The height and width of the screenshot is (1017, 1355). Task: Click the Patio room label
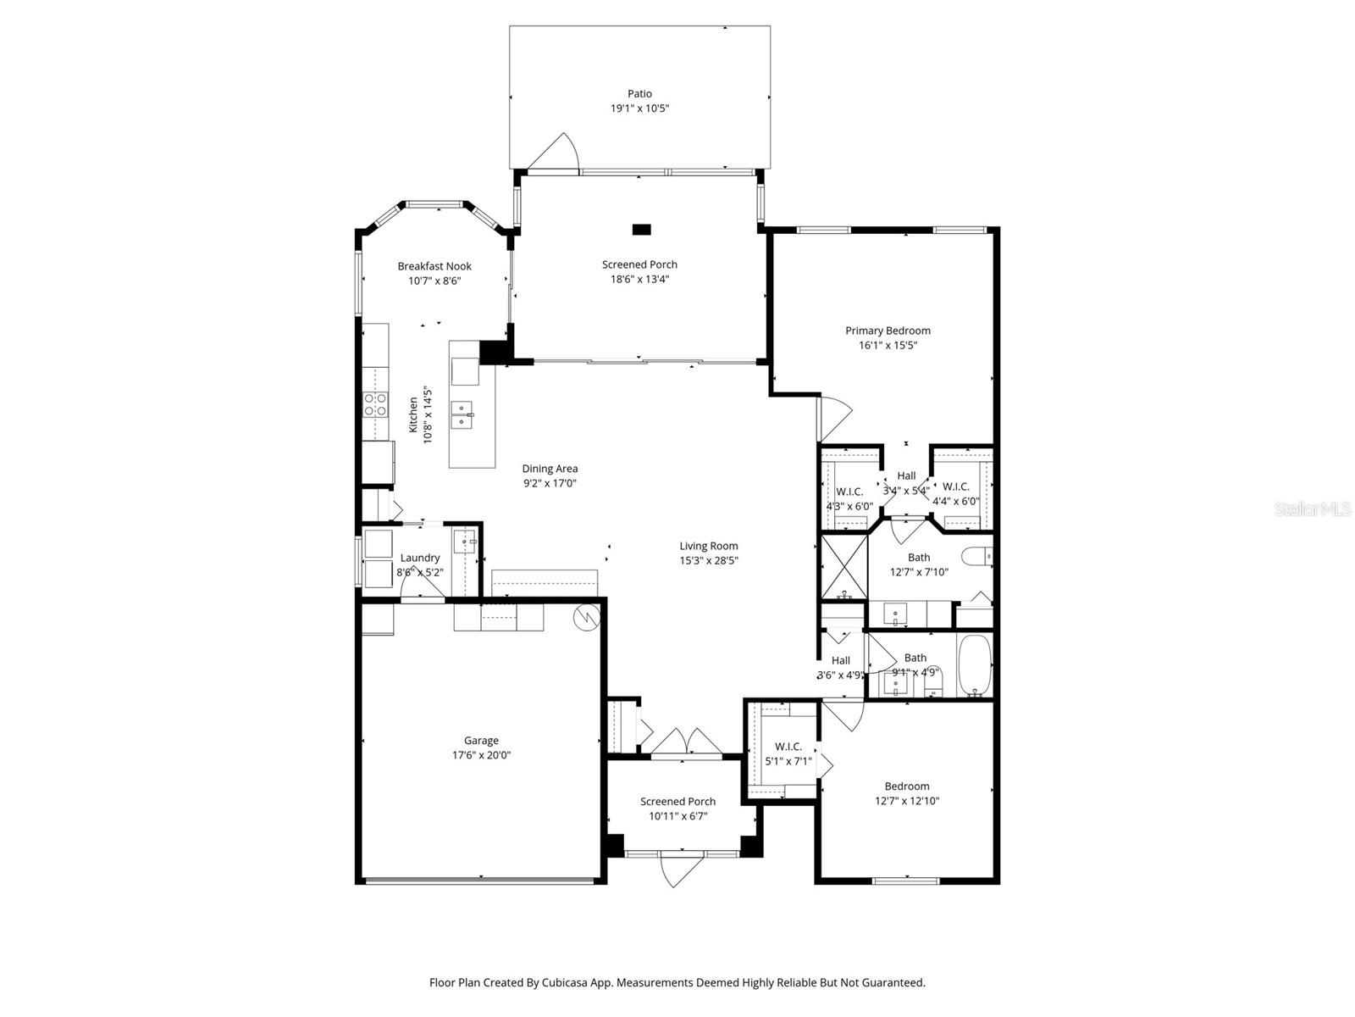[x=639, y=94]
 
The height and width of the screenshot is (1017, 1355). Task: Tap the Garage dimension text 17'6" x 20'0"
[x=482, y=754]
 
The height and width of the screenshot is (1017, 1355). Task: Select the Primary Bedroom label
[x=888, y=331]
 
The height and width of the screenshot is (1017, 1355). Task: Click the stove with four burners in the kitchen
[x=374, y=404]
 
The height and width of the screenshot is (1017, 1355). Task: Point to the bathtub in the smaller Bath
[x=974, y=665]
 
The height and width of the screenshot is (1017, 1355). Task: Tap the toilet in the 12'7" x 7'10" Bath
[x=978, y=556]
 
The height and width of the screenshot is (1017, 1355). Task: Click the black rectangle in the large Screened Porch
[x=641, y=230]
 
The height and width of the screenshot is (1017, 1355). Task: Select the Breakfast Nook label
[x=434, y=266]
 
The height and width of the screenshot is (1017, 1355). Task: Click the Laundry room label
[x=420, y=558]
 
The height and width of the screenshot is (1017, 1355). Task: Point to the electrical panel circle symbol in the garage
[x=586, y=617]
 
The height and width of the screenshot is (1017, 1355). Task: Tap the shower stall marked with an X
[x=843, y=566]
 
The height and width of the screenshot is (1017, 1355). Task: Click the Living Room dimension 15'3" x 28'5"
[x=709, y=561]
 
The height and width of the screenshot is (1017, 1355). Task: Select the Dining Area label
[x=550, y=469]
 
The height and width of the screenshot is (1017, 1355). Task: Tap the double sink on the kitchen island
[x=462, y=414]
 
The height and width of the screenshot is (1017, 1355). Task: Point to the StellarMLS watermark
[x=1313, y=508]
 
